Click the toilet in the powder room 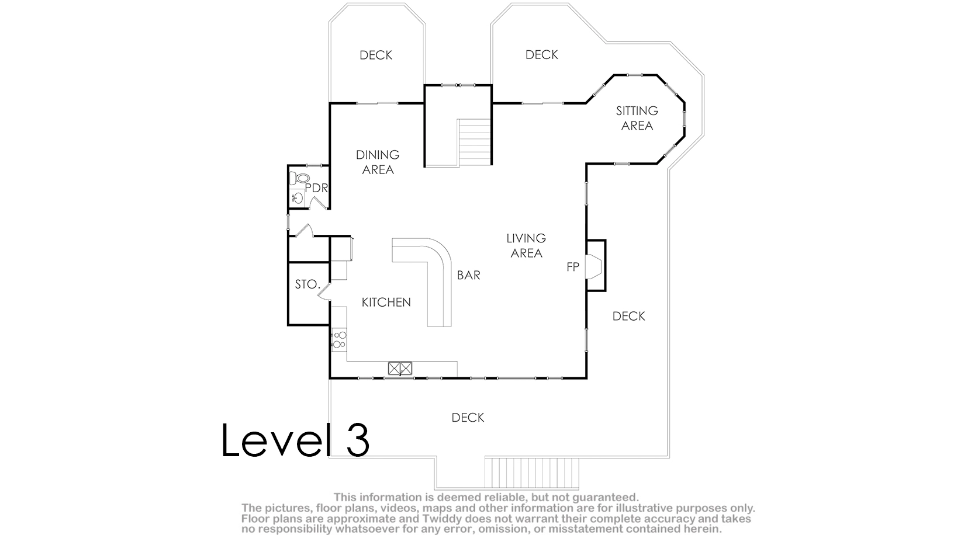(x=299, y=178)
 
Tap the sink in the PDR (x=298, y=197)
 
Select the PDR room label (x=316, y=188)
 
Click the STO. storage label (x=307, y=284)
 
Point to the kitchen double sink (x=400, y=368)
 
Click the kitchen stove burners (x=340, y=340)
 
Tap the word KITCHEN (x=386, y=302)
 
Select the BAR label (x=468, y=275)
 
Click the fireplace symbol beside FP (x=593, y=266)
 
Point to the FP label (x=573, y=267)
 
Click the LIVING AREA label (x=527, y=245)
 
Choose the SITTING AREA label (x=637, y=119)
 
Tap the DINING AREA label (x=378, y=162)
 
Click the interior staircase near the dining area (x=475, y=143)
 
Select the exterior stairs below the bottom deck (x=531, y=473)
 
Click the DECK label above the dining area (x=376, y=55)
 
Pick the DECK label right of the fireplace (x=628, y=316)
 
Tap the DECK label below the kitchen (x=468, y=418)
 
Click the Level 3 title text (x=295, y=440)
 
